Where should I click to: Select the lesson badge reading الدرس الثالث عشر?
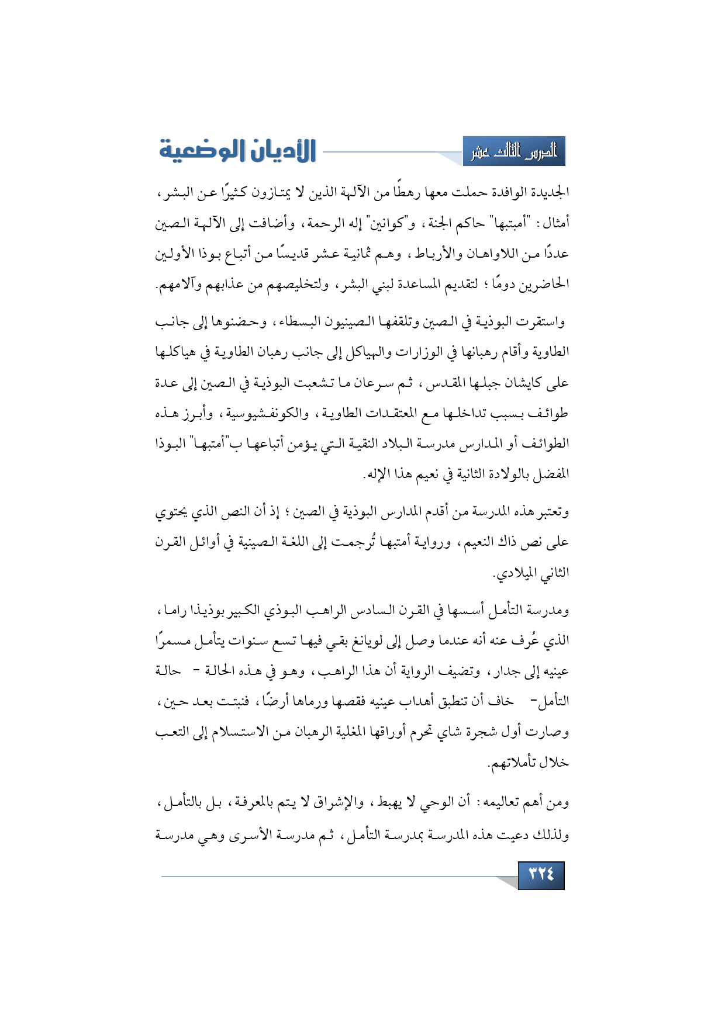pos(514,152)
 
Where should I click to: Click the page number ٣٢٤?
pos(541,875)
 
